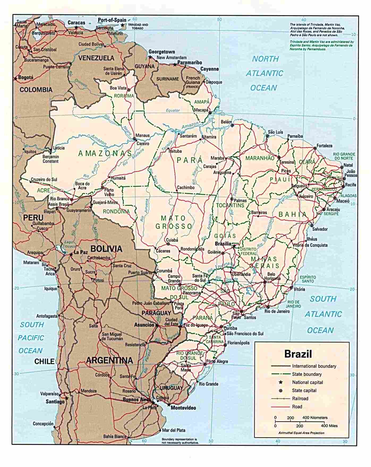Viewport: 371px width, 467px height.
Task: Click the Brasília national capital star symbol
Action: (x=234, y=246)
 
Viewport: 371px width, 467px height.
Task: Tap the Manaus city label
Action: (x=143, y=135)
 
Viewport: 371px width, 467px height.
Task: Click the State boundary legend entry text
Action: (x=307, y=374)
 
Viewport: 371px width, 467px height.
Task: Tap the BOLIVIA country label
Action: (x=106, y=248)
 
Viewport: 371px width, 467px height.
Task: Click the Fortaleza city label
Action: (x=324, y=146)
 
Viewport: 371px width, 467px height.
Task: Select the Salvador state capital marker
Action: (x=312, y=226)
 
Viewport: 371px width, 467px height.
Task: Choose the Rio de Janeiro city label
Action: (x=277, y=311)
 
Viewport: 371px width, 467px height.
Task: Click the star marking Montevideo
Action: (x=169, y=405)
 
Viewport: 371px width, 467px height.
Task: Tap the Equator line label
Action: (x=173, y=110)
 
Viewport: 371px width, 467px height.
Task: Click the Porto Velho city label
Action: (x=109, y=192)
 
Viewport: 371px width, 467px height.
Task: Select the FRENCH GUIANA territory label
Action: (x=193, y=80)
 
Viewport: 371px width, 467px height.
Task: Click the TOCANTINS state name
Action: (x=230, y=205)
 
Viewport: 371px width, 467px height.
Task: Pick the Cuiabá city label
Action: (x=172, y=240)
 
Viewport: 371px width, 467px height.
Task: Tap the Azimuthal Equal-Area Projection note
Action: (x=301, y=433)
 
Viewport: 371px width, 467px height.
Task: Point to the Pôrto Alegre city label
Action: (x=217, y=361)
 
